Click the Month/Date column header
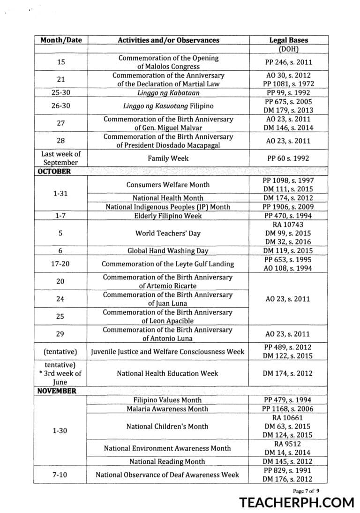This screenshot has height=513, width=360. (x=61, y=40)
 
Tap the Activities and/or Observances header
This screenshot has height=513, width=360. (x=168, y=40)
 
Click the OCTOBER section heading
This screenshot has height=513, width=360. (x=54, y=171)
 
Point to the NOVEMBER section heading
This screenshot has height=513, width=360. (x=57, y=391)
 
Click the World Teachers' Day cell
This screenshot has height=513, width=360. (x=168, y=233)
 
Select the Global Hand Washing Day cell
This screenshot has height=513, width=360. (x=168, y=251)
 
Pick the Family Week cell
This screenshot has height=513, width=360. (x=168, y=158)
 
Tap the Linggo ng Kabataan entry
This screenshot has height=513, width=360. (x=168, y=93)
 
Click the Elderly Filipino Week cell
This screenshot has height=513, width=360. (x=168, y=216)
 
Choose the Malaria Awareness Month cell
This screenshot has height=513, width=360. (x=168, y=409)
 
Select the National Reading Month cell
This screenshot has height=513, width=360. (x=168, y=462)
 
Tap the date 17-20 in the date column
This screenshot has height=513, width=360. (x=60, y=264)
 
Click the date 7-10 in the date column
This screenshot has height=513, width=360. (x=60, y=475)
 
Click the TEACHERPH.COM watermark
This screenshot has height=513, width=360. (x=297, y=502)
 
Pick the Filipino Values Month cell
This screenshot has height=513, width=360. (x=168, y=400)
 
